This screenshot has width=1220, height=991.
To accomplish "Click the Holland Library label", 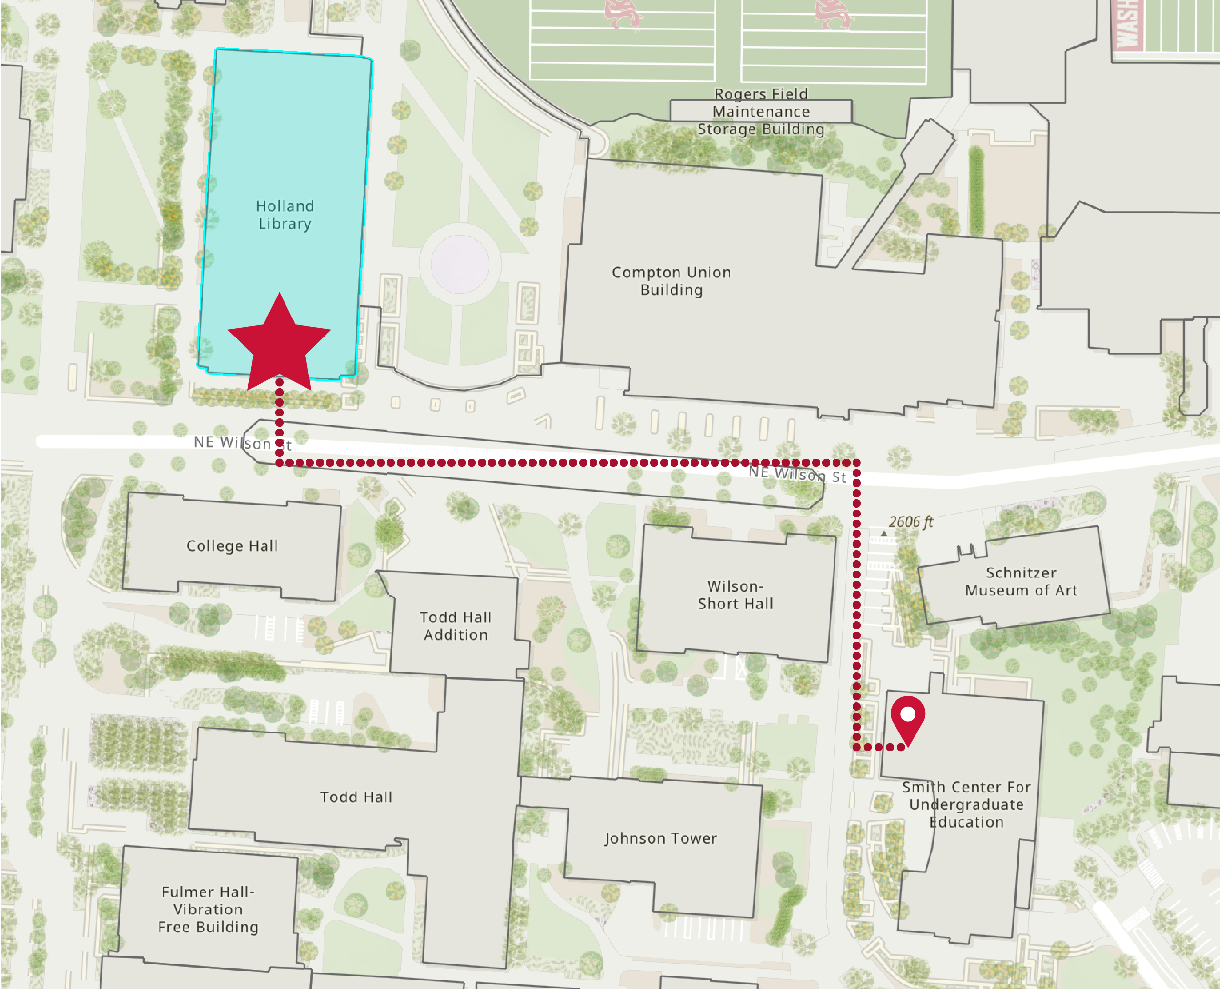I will pyautogui.click(x=285, y=215).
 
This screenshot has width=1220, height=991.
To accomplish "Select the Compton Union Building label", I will pyautogui.click(x=671, y=281).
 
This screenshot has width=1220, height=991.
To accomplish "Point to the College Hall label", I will pyautogui.click(x=232, y=546).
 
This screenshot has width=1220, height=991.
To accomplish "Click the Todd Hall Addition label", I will pyautogui.click(x=455, y=626).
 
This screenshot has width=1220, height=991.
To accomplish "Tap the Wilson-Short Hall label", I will pyautogui.click(x=735, y=595).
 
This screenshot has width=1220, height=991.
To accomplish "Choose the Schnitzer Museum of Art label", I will pyautogui.click(x=1021, y=581).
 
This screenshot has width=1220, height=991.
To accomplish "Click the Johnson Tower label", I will pyautogui.click(x=661, y=838).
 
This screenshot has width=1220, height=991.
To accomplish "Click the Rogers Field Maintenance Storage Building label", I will pyautogui.click(x=761, y=111).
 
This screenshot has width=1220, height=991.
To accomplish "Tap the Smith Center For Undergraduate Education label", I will pyautogui.click(x=966, y=804).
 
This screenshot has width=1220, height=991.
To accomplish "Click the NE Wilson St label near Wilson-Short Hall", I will pyautogui.click(x=797, y=474).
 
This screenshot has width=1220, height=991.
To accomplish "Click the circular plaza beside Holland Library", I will pyautogui.click(x=460, y=264).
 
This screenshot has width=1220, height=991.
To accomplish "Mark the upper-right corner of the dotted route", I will pyautogui.click(x=856, y=463).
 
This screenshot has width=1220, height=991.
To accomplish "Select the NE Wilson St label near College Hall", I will pyautogui.click(x=242, y=443).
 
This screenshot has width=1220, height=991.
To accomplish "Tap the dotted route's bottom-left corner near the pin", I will pyautogui.click(x=856, y=747).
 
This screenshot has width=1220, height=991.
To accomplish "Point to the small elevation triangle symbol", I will pyautogui.click(x=884, y=533).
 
